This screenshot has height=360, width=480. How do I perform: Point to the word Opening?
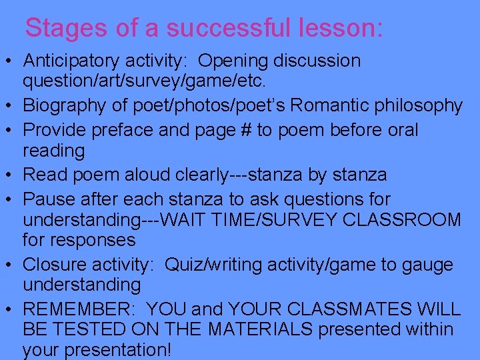[x=232, y=61]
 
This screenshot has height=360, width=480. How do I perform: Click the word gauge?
[x=426, y=265]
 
